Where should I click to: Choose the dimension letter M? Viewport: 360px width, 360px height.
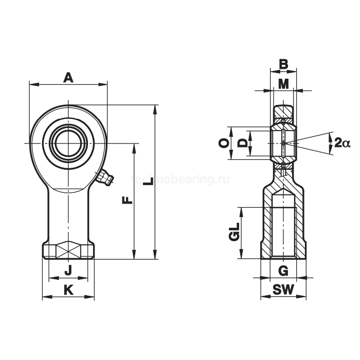coord(283,83)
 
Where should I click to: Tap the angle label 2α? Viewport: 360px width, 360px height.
coord(341,142)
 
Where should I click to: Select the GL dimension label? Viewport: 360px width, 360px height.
coord(234,233)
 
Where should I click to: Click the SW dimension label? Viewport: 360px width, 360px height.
coord(283,290)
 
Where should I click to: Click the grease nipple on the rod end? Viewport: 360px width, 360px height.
coord(106,178)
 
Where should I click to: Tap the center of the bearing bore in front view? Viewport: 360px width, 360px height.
coord(68,142)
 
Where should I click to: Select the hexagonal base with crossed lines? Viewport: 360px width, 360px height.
coord(68,251)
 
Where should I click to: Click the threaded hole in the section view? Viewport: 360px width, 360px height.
coord(283,226)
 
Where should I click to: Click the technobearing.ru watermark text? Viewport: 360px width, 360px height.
coord(180,179)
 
